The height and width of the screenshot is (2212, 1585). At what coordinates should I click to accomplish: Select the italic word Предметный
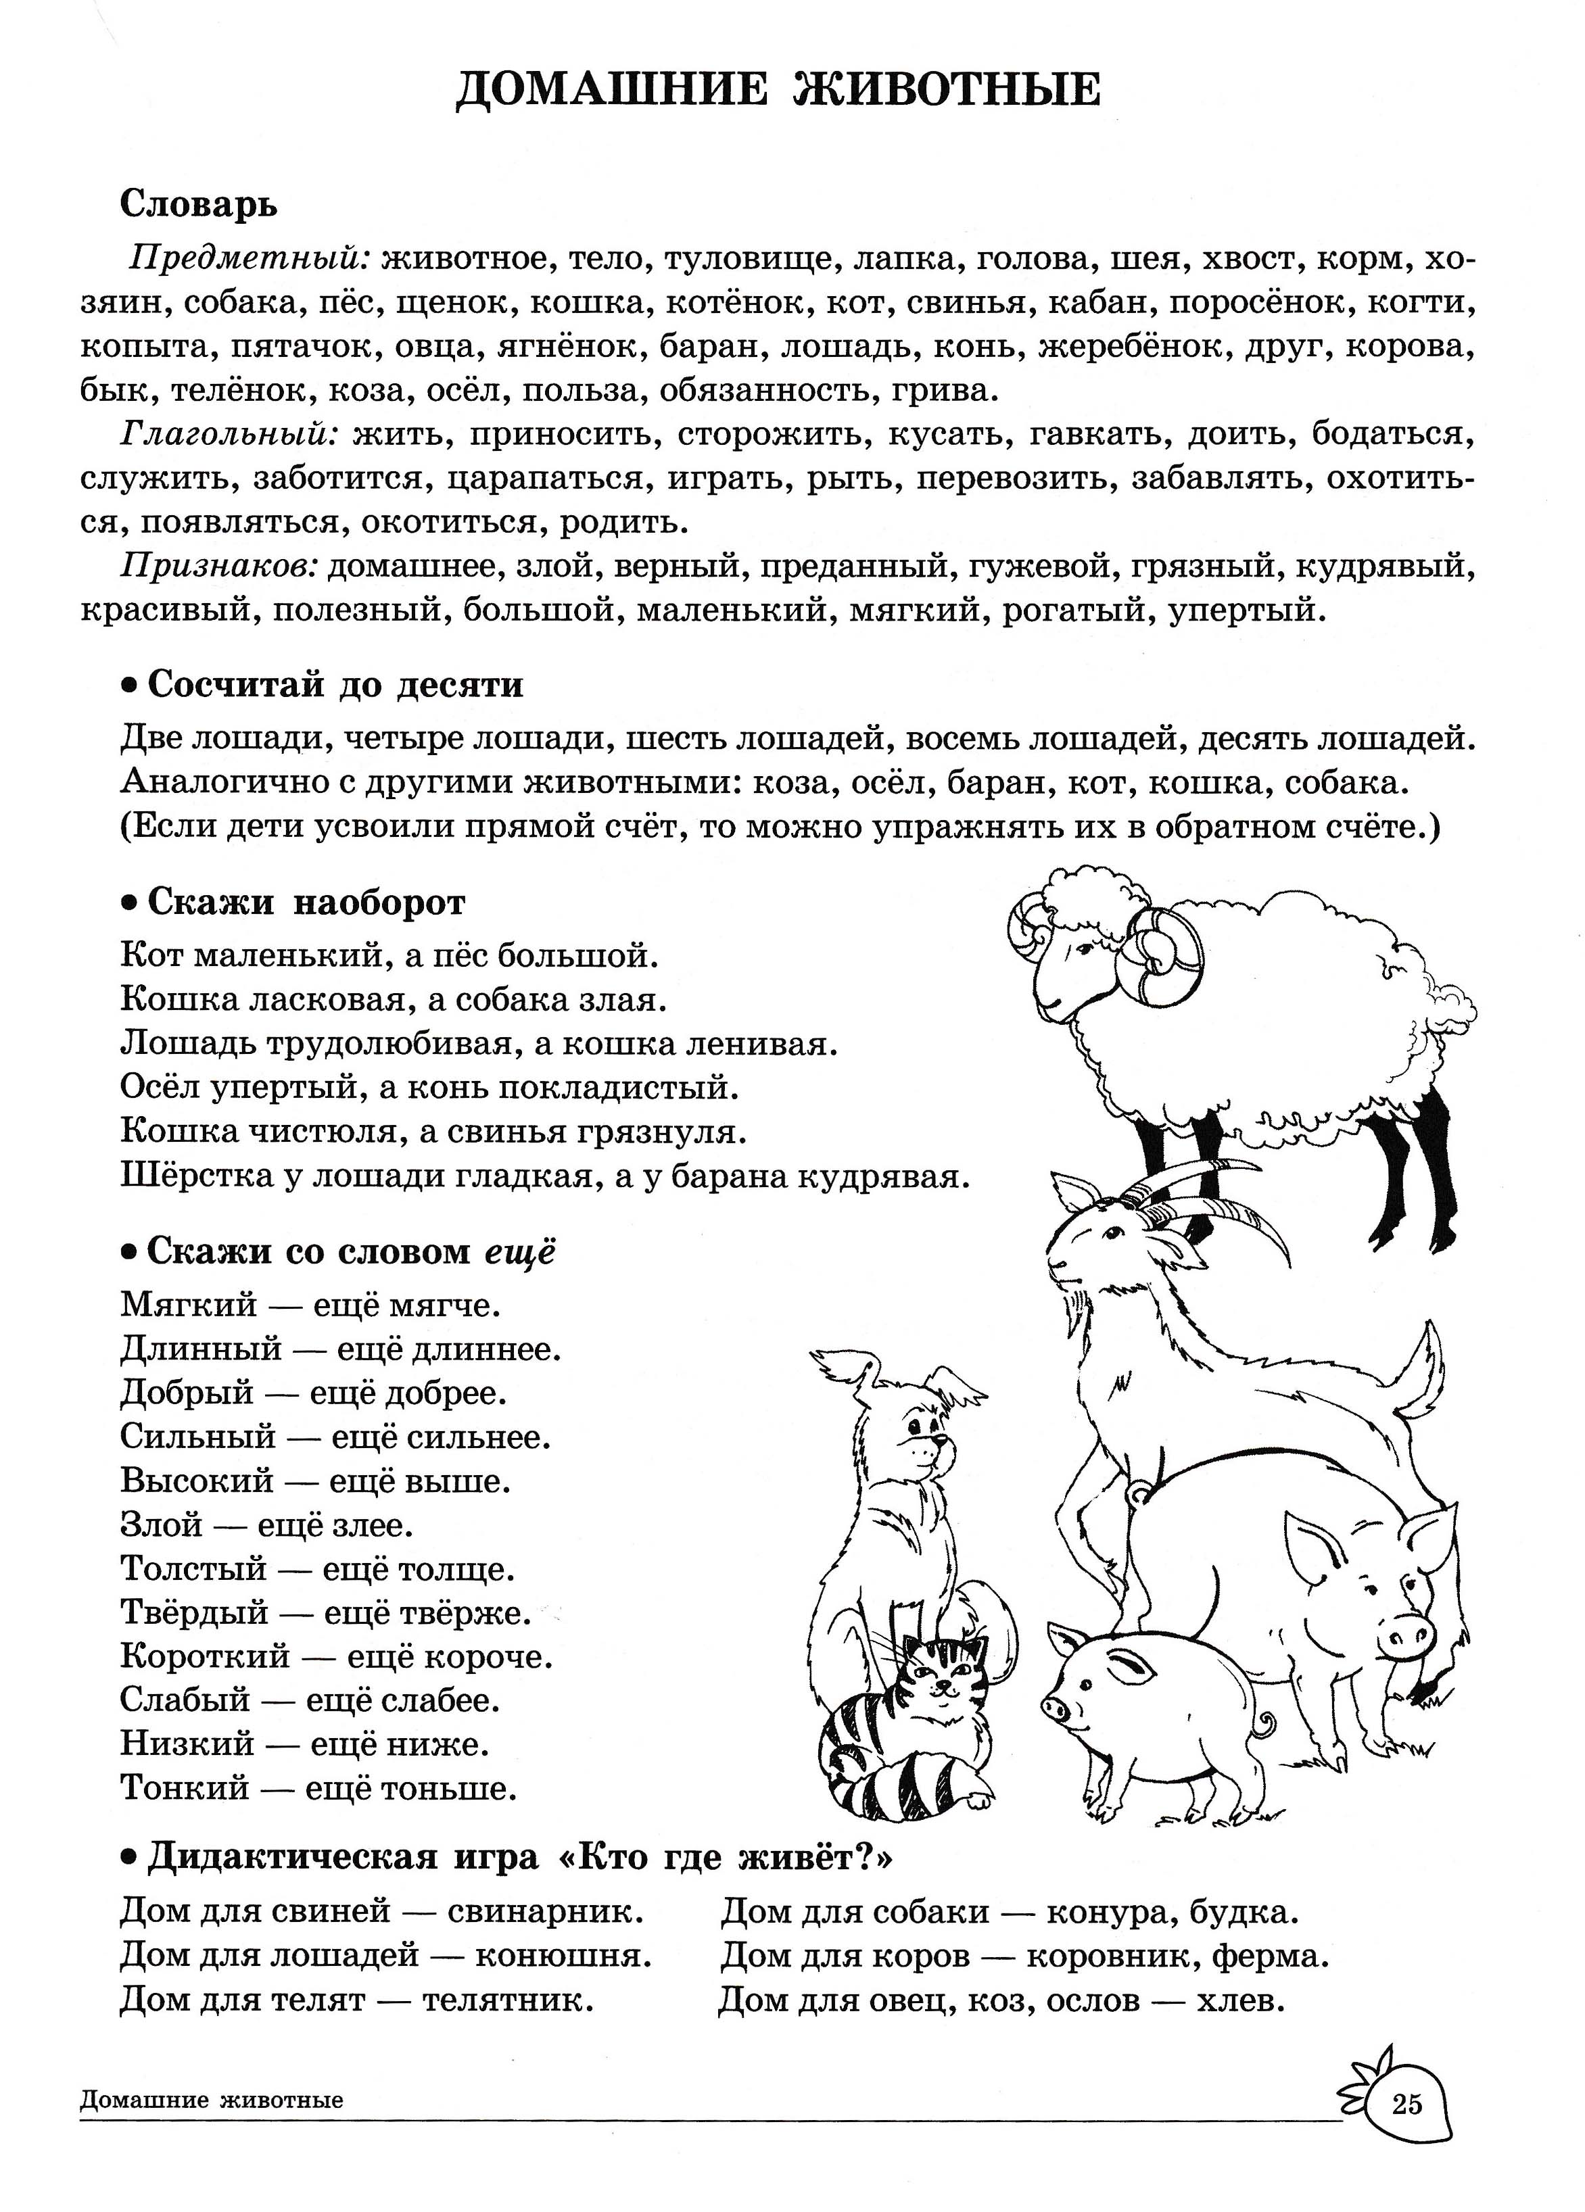pos(250,260)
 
